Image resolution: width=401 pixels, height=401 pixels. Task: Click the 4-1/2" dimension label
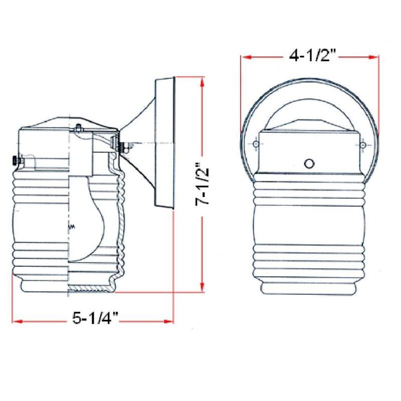tap(311, 56)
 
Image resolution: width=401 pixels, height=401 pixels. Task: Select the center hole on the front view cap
tap(309, 163)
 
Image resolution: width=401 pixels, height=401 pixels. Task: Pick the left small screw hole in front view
tap(256, 145)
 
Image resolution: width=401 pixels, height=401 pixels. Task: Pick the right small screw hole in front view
tap(362, 145)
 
